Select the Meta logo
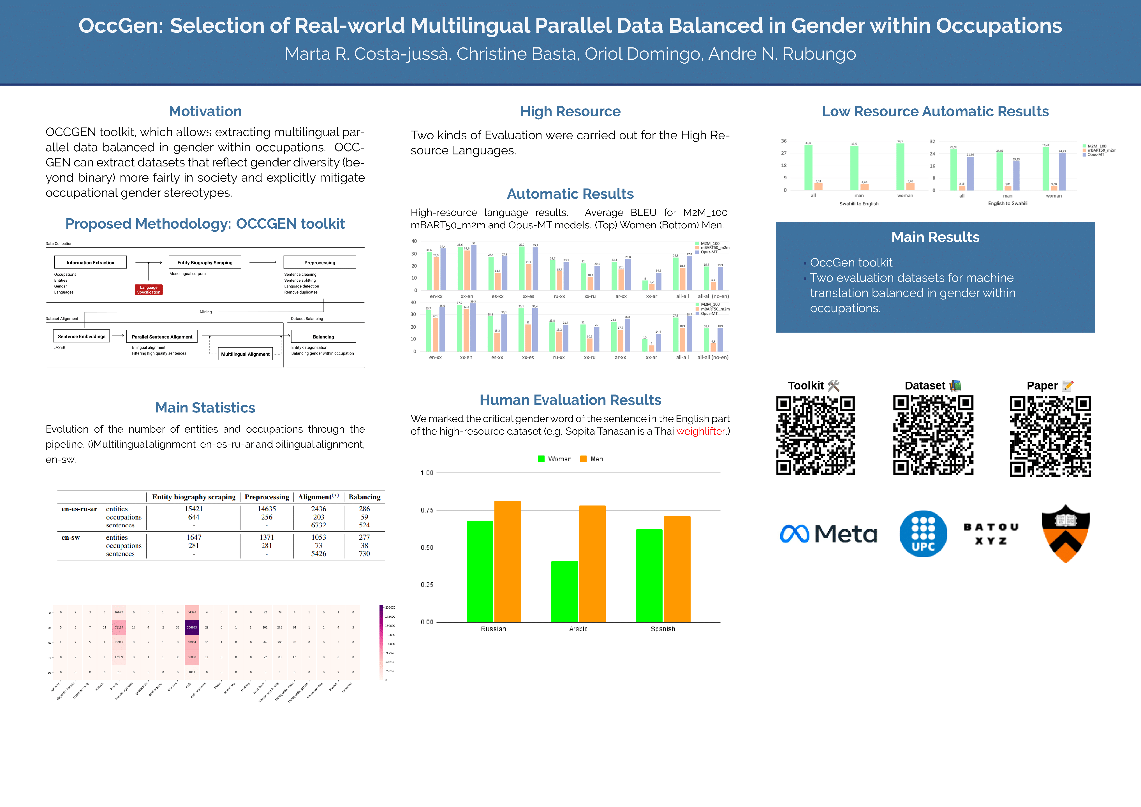click(x=828, y=534)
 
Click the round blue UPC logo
click(x=923, y=534)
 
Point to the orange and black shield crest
click(x=1065, y=534)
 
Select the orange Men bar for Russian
click(x=507, y=562)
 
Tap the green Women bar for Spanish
click(x=649, y=576)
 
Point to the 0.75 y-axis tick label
click(x=427, y=510)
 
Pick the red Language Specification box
click(x=149, y=290)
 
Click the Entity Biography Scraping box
click(x=205, y=262)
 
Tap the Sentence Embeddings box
click(x=82, y=337)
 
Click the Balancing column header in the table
click(x=364, y=497)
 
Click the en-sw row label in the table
click(x=71, y=537)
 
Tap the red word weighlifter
click(x=701, y=431)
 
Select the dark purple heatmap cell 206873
click(x=192, y=627)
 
